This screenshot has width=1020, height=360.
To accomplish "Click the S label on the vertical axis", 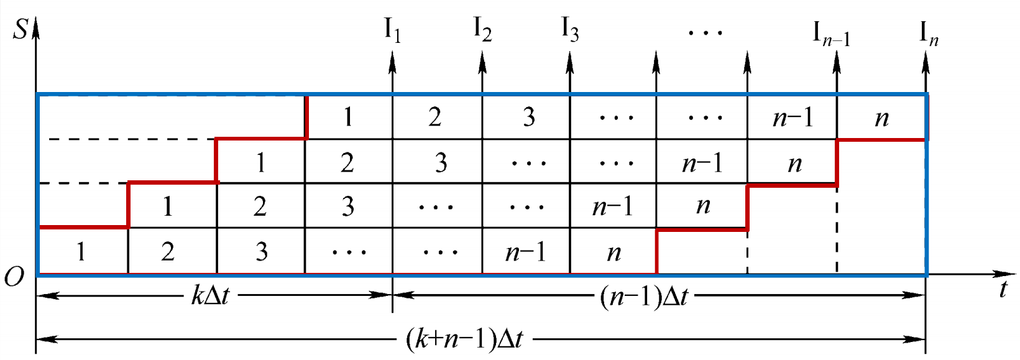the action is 21,29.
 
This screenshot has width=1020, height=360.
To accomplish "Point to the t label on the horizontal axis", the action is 1003,289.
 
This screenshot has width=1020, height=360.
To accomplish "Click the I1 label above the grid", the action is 392,30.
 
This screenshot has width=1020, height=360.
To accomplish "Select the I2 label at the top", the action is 482,29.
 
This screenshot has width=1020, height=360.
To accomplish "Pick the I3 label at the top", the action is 570,29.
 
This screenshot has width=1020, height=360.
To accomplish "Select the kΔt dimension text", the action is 210,295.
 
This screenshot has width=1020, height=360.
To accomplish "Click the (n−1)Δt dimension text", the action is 644,297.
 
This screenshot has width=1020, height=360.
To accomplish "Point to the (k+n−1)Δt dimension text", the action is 464,339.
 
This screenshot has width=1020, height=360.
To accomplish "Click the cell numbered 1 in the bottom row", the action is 81,252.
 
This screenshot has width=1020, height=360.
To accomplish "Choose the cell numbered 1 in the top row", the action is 348,117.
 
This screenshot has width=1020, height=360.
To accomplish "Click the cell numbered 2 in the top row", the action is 435,117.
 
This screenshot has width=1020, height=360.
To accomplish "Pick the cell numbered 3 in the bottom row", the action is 262,252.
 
